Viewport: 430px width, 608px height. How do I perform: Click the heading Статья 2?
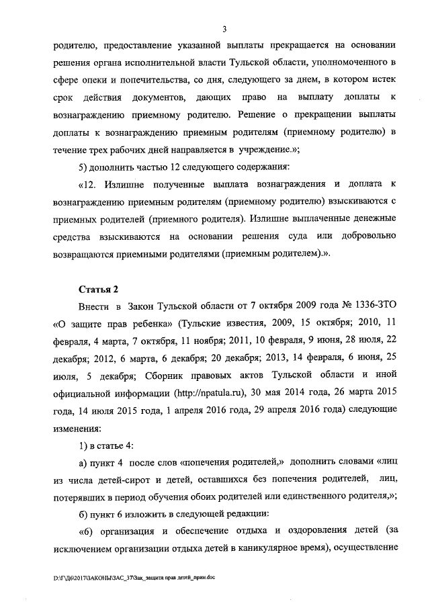tap(98, 290)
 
